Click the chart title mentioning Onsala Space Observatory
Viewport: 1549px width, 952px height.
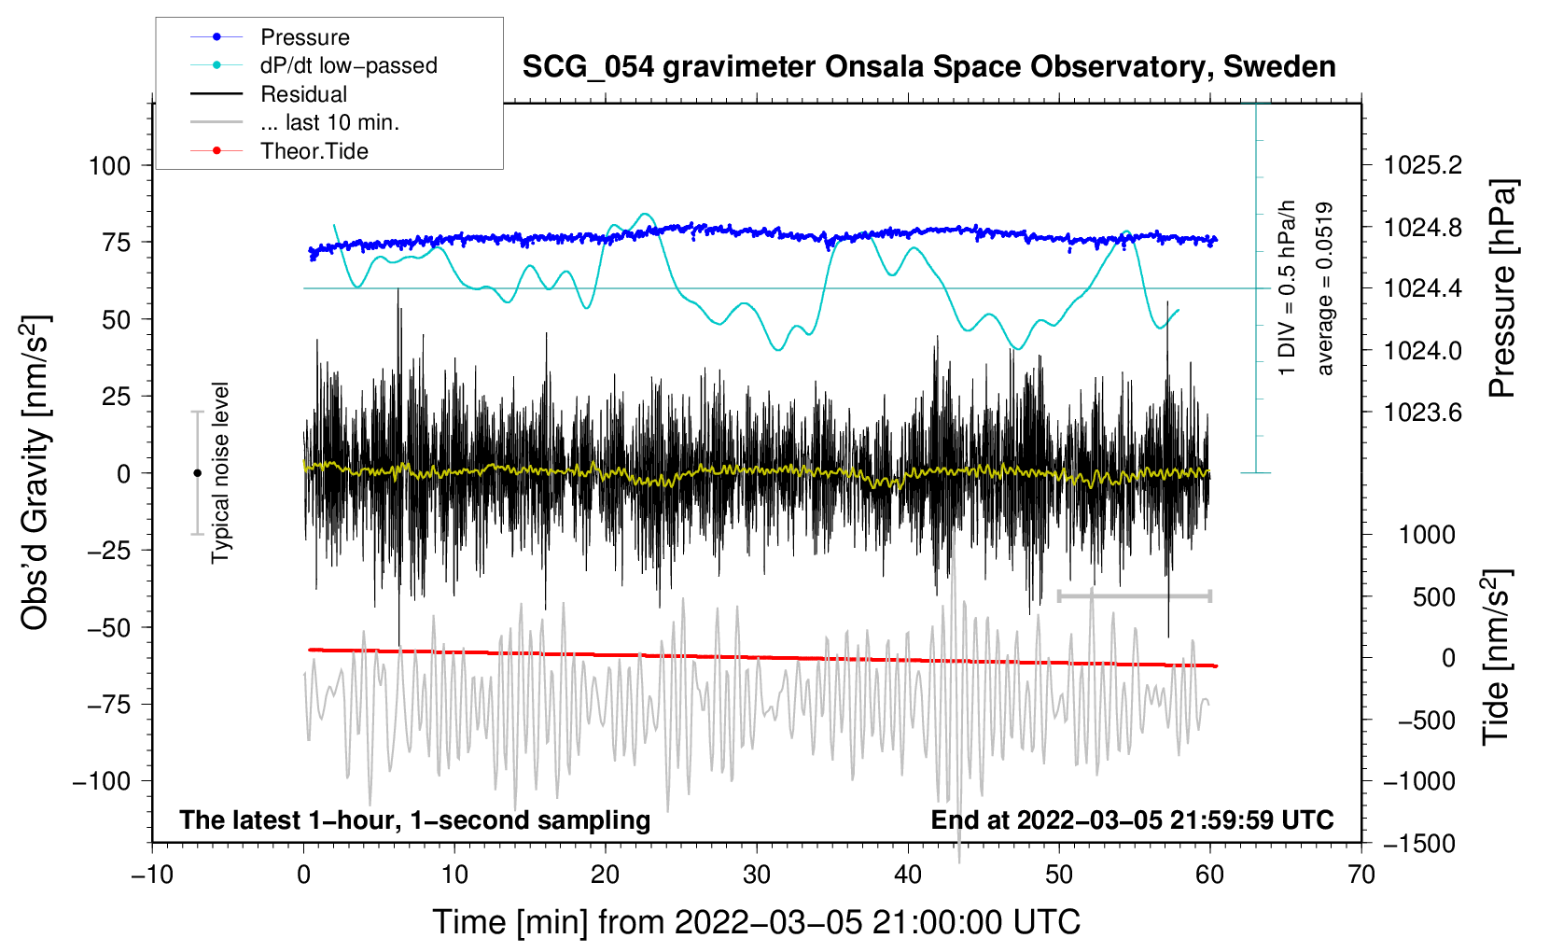point(928,67)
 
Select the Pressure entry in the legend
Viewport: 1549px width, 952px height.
point(304,37)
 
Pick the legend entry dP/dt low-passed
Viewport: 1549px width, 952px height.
point(348,65)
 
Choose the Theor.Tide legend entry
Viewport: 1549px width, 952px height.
point(314,151)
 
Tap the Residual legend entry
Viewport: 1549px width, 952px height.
point(303,94)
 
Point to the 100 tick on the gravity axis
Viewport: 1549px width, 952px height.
point(109,166)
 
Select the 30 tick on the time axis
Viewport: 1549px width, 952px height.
point(757,875)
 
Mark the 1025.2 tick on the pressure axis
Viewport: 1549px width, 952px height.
point(1423,166)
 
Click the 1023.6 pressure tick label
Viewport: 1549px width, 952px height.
point(1423,413)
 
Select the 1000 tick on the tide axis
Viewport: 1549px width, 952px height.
point(1427,535)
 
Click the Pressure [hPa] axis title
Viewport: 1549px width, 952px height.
point(1501,289)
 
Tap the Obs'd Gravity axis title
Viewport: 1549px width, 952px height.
point(35,473)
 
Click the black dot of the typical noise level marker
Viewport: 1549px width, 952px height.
point(197,473)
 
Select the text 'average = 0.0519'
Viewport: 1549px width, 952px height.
point(1325,289)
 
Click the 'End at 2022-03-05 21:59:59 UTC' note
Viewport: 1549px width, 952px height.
point(1132,820)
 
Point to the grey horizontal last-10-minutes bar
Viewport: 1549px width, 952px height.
point(1134,595)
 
